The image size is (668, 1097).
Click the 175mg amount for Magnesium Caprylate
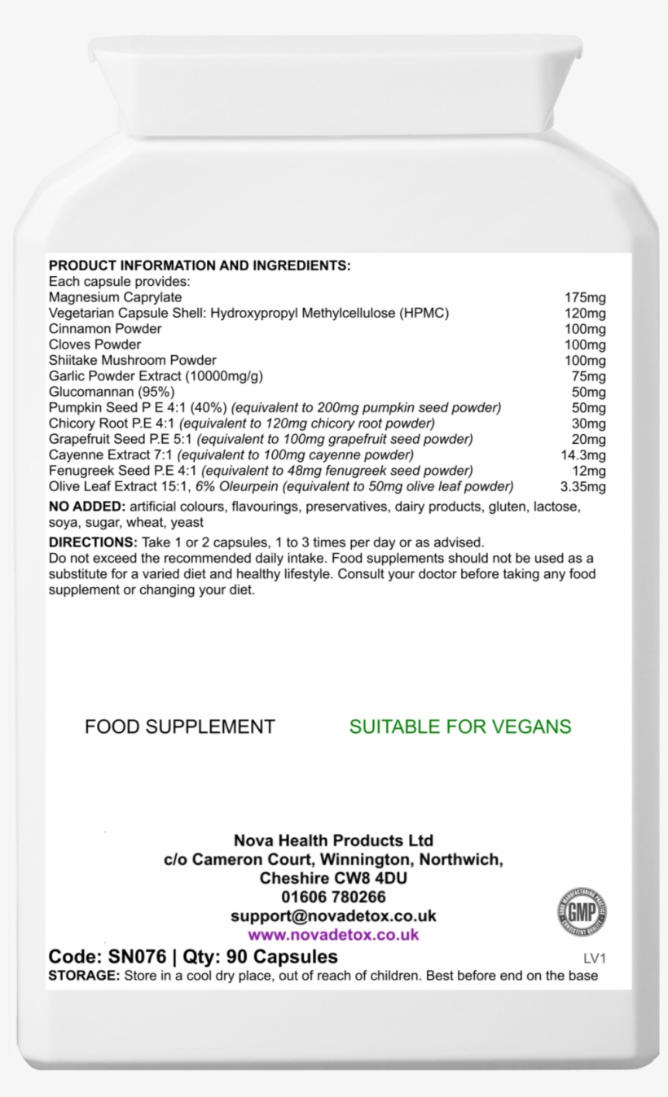pyautogui.click(x=585, y=298)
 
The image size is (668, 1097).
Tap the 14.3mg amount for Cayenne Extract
pyautogui.click(x=583, y=454)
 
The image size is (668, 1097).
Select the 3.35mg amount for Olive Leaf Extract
pyautogui.click(x=583, y=487)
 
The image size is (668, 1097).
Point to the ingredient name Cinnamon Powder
pyautogui.click(x=105, y=329)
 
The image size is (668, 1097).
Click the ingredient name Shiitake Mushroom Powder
pyautogui.click(x=132, y=361)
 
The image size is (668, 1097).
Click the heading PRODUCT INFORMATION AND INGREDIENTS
pyautogui.click(x=200, y=265)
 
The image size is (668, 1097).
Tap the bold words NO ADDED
pyautogui.click(x=86, y=507)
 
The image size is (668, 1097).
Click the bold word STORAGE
pyautogui.click(x=84, y=976)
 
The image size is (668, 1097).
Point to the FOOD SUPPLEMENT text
pyautogui.click(x=180, y=726)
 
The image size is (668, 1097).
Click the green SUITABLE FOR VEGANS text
pyautogui.click(x=460, y=726)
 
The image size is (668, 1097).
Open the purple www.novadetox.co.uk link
pyautogui.click(x=333, y=935)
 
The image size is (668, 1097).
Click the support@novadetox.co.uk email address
pyautogui.click(x=333, y=916)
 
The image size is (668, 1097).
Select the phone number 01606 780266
pyautogui.click(x=333, y=897)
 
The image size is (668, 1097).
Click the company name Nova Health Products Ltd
pyautogui.click(x=333, y=840)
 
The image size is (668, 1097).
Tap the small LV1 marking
pyautogui.click(x=595, y=959)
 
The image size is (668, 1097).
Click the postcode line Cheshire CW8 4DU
pyautogui.click(x=333, y=879)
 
